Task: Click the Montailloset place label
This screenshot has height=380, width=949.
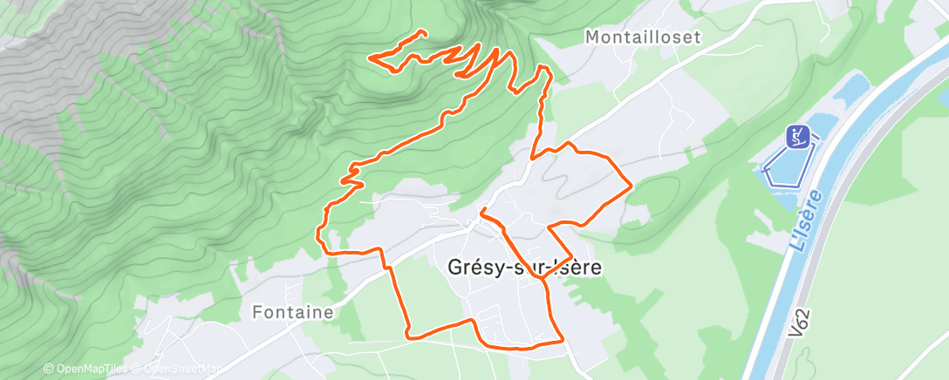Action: [x=644, y=37]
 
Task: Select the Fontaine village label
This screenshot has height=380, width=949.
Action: [x=292, y=311]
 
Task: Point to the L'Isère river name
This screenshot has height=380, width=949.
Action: [x=806, y=221]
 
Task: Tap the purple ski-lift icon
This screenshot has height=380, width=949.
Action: [x=798, y=135]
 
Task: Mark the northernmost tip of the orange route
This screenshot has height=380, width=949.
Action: [x=424, y=33]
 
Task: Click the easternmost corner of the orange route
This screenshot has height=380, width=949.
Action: [x=631, y=185]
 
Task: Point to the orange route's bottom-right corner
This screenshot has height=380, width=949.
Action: [x=563, y=342]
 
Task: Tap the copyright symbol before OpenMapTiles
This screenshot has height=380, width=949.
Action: [x=48, y=370]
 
